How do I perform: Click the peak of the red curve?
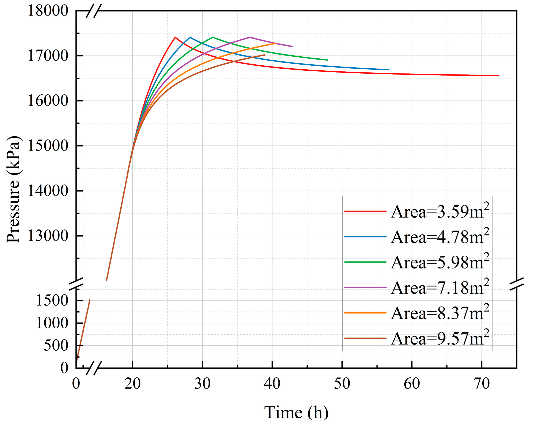(175, 37)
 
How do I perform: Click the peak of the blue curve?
(190, 37)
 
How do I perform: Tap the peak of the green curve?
(213, 37)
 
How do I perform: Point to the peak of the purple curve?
(250, 37)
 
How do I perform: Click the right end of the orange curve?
(276, 43)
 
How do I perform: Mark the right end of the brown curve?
(265, 55)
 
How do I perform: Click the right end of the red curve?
(498, 75)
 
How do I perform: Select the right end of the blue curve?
(389, 70)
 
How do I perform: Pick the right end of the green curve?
(327, 60)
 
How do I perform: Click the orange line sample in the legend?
(365, 313)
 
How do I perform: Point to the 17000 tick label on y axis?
(48, 56)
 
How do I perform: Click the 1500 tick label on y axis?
(52, 300)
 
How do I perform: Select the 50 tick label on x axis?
(342, 383)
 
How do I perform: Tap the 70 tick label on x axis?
(482, 383)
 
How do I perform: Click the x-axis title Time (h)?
(296, 412)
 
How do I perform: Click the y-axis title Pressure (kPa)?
(14, 189)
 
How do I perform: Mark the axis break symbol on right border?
(516, 284)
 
